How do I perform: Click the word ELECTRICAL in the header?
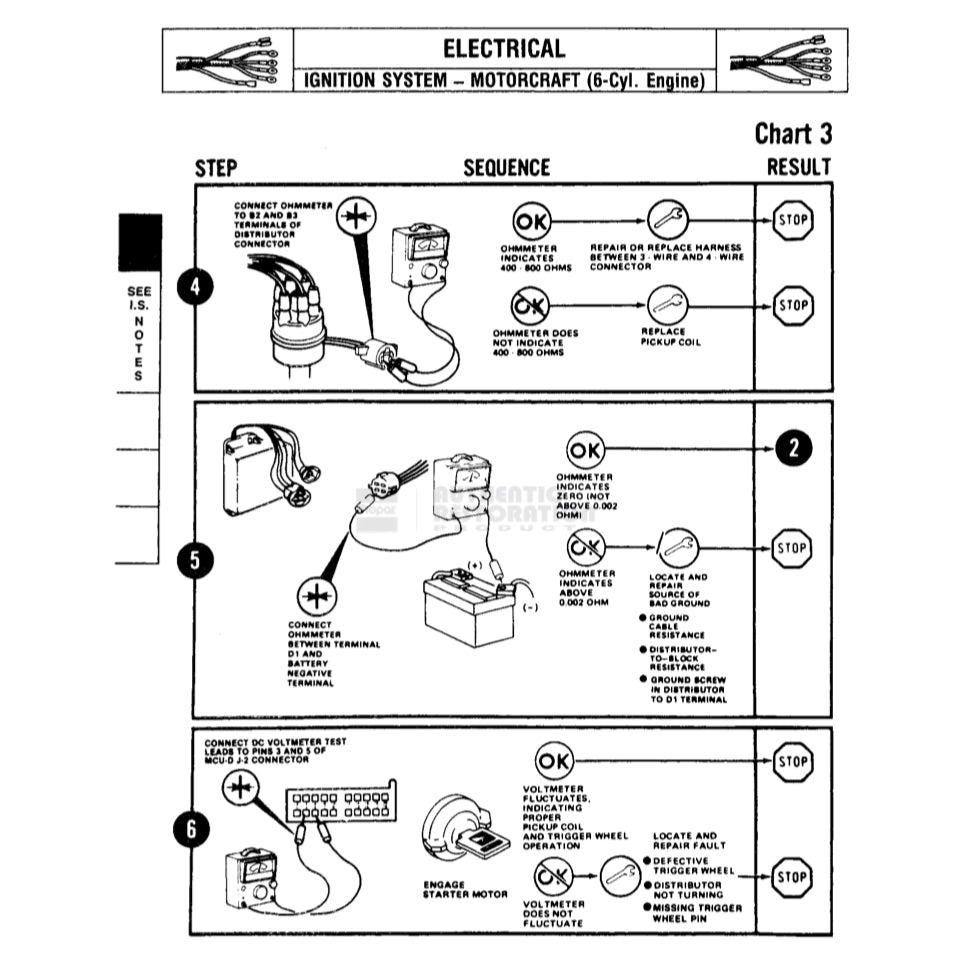coord(504,48)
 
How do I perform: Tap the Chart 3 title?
coord(792,133)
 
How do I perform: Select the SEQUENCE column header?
coord(506,168)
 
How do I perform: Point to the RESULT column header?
coord(798,168)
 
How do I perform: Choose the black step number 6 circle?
coord(194,829)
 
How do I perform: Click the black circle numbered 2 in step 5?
coord(792,448)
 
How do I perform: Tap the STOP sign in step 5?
coord(792,548)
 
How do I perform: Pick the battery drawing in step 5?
coord(468,604)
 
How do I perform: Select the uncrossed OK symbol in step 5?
coord(585,449)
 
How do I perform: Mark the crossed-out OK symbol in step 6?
coord(551,877)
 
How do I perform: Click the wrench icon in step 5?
coord(679,547)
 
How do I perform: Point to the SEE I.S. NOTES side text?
coord(138,333)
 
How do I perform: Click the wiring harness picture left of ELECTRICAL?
coord(227,60)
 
